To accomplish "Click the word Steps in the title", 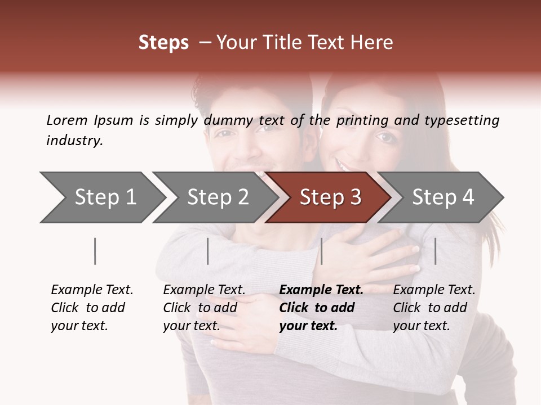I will coord(163,43).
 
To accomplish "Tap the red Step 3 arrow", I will coord(330,197).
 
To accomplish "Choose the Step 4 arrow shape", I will coord(443,197).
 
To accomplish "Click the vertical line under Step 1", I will coord(95,251).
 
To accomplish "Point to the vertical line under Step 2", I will coord(208,251).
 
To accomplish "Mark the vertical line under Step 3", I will coord(321,251).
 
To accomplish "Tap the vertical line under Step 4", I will coord(435,251).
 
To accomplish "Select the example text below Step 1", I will coord(92,307).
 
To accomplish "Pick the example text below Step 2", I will coord(204,307).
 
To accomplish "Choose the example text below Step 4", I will coord(434,307).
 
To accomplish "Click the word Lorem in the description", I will coord(67,120).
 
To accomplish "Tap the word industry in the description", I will coord(74,140).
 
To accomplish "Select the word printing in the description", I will coord(363,120).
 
